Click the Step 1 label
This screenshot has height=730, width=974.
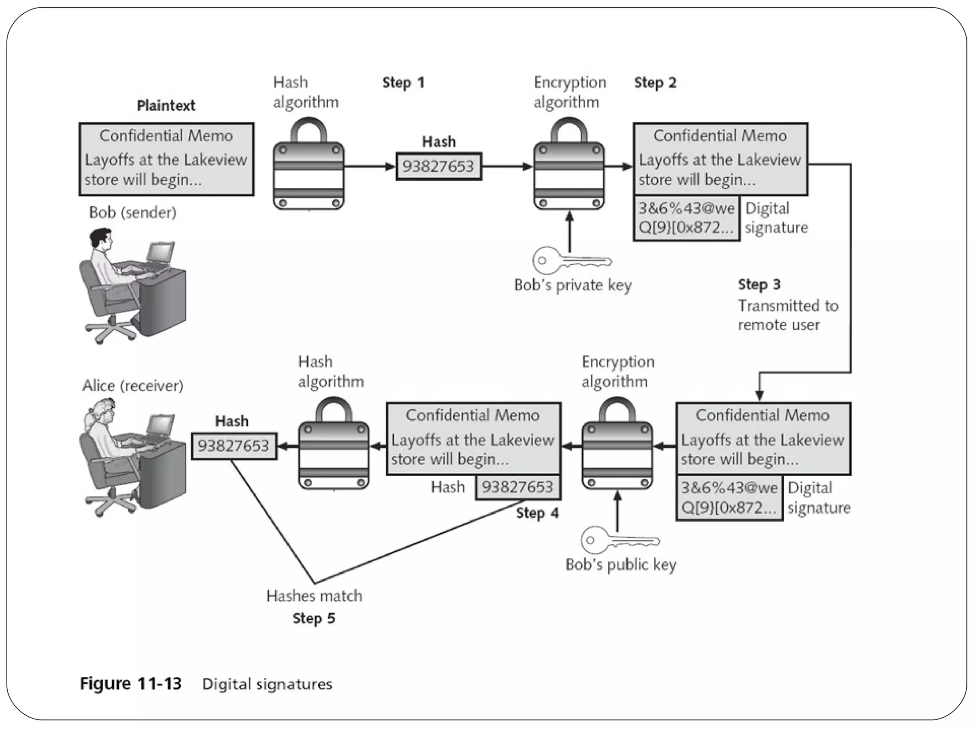403,83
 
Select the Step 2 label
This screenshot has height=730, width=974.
655,83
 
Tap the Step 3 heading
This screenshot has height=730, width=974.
759,284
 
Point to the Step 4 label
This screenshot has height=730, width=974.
537,513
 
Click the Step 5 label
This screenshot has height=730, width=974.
314,618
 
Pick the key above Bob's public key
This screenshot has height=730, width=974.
620,540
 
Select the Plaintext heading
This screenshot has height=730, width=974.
166,106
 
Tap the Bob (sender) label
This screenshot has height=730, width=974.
133,212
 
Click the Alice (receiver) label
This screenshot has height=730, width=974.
133,385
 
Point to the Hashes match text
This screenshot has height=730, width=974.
314,596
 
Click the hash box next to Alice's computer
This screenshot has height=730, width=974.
234,446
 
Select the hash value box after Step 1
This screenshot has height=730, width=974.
438,166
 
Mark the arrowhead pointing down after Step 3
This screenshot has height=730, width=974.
760,395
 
